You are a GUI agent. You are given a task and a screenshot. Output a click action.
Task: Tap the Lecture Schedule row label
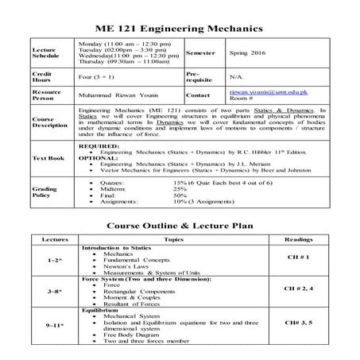tap(45, 53)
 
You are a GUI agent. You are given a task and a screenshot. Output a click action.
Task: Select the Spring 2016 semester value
tap(235, 53)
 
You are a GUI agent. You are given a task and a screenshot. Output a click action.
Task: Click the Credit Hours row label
tap(43, 76)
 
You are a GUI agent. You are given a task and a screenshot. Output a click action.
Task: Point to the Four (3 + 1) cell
tap(98, 76)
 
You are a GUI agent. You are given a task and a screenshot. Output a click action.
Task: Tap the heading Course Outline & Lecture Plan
tap(180, 225)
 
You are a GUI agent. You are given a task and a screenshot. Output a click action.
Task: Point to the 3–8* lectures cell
tap(55, 292)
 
